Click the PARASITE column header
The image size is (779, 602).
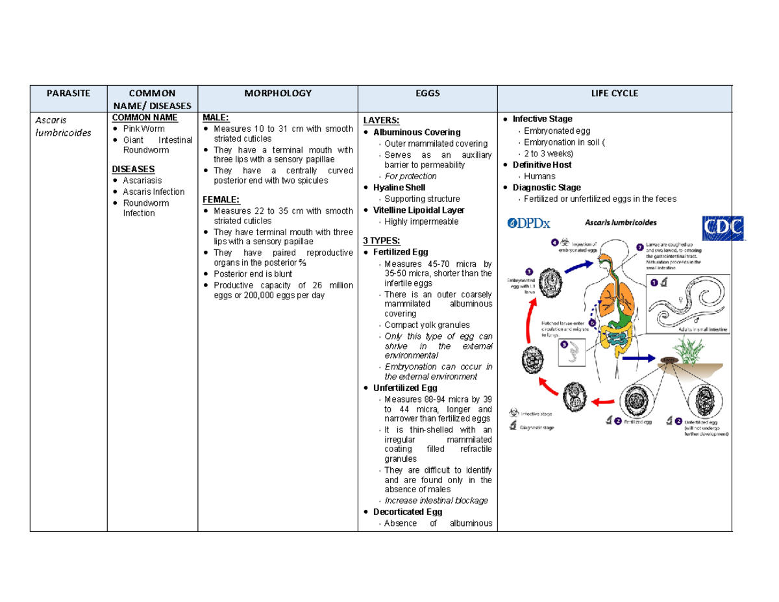[68, 94]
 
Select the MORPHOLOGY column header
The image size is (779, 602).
[277, 94]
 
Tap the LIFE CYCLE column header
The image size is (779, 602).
[613, 94]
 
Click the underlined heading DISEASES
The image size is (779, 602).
[133, 169]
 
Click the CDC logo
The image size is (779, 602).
[723, 228]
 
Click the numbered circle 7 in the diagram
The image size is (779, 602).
[640, 247]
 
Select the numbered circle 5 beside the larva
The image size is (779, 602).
[564, 344]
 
